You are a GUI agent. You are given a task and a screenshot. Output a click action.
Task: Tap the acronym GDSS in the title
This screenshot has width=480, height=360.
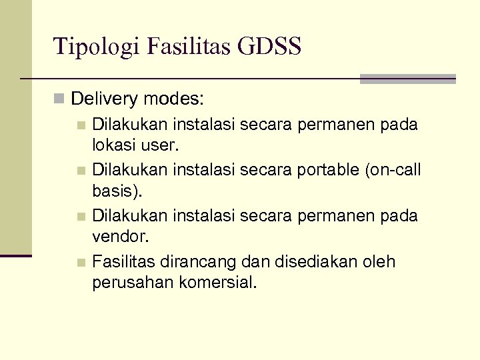pos(273,47)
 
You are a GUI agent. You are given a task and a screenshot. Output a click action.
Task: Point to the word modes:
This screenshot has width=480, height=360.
pos(173,100)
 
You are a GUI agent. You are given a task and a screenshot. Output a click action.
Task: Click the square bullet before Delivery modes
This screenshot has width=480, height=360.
pos(59,100)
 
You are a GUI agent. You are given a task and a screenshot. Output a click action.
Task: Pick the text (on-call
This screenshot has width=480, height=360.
pos(393,170)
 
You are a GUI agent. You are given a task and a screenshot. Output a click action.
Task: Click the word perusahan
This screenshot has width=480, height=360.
pos(133,282)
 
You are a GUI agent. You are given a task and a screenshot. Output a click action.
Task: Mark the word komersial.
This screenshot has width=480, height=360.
pos(218,282)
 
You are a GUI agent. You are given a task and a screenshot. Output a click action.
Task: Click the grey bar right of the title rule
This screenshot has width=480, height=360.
pos(407,79)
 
